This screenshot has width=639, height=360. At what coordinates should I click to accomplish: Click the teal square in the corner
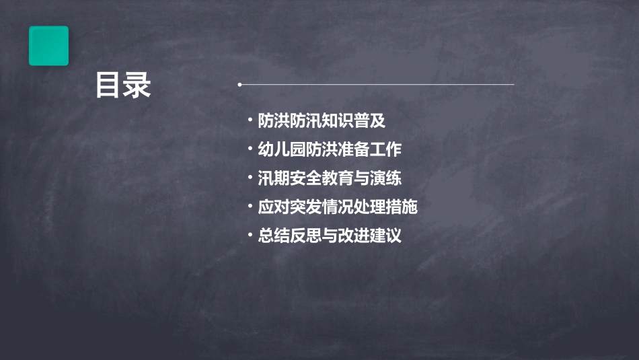[48, 46]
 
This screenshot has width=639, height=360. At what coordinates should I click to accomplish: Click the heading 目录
[123, 85]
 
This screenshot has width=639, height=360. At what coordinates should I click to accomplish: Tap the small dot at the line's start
[239, 85]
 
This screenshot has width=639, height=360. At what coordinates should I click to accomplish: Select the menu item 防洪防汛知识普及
[322, 121]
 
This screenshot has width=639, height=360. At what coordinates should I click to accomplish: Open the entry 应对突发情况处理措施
[338, 207]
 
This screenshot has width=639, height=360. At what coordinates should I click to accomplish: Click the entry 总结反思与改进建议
[330, 236]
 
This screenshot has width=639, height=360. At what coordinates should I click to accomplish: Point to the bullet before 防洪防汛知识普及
[250, 121]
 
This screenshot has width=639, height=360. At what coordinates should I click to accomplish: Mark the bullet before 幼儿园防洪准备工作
[250, 150]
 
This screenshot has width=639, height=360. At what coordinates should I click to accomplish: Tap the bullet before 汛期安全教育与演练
[250, 178]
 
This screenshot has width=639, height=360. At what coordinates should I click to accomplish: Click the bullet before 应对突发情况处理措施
[250, 207]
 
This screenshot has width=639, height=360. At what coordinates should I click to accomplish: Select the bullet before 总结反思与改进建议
[250, 236]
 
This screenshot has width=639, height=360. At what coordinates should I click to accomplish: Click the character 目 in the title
[108, 85]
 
